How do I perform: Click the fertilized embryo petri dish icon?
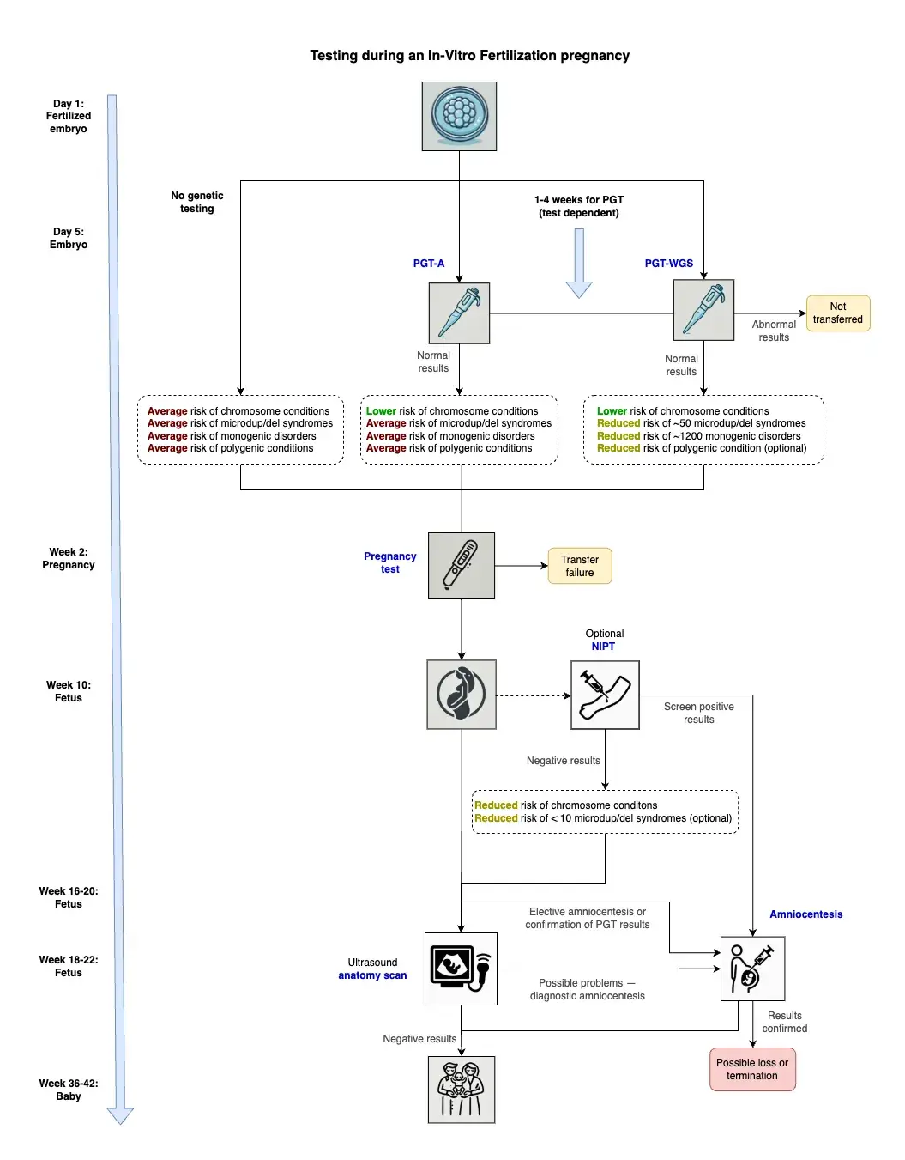[459, 116]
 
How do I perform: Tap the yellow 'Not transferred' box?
[837, 313]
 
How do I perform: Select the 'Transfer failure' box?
[579, 565]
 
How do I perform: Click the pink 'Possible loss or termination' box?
[752, 1069]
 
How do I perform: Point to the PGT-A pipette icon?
[459, 313]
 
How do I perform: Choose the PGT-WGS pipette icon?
[703, 310]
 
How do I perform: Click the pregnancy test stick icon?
[461, 565]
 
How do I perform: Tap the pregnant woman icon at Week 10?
[461, 694]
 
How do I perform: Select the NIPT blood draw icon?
[605, 695]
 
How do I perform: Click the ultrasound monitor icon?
[461, 969]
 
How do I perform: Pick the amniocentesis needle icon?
[752, 969]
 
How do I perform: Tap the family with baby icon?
[461, 1090]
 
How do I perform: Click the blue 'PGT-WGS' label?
[668, 264]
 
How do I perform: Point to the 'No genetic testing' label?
[196, 202]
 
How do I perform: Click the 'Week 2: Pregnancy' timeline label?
[69, 558]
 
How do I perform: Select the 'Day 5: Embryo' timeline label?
[69, 238]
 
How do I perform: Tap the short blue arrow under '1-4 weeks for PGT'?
[579, 264]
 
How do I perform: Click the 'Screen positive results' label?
[698, 713]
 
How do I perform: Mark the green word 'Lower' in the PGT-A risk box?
[381, 411]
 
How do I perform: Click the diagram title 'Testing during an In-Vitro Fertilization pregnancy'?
[469, 56]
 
